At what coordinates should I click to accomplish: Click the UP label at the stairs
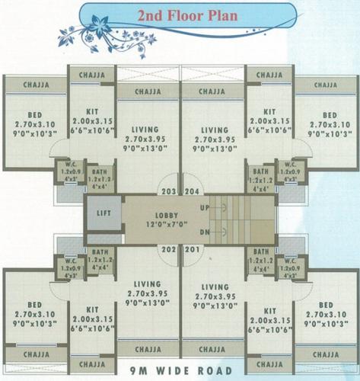click(x=203, y=207)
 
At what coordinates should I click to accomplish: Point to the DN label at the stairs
click(x=203, y=232)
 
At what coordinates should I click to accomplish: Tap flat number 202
click(x=168, y=249)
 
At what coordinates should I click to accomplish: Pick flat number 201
click(x=190, y=249)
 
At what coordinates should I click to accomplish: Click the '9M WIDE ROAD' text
click(x=180, y=373)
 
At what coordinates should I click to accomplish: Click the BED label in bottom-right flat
click(x=327, y=304)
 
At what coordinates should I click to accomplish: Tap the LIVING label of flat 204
click(x=215, y=130)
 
